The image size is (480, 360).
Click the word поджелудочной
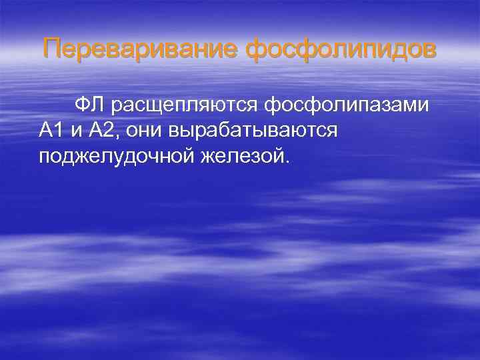(114, 157)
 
